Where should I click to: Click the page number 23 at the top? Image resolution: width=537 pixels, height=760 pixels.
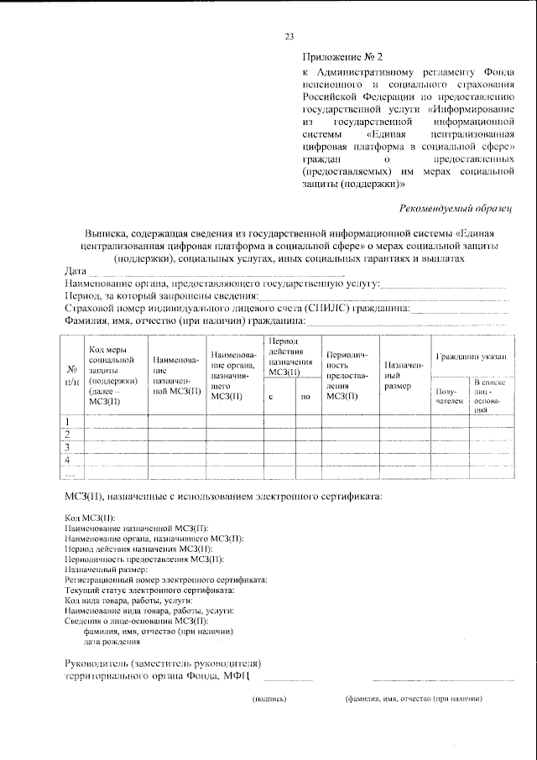click(289, 36)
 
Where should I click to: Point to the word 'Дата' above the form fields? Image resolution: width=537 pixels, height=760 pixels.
click(76, 272)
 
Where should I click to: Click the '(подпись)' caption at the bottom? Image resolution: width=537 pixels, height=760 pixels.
click(269, 698)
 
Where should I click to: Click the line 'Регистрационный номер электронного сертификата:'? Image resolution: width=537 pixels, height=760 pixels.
click(165, 580)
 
